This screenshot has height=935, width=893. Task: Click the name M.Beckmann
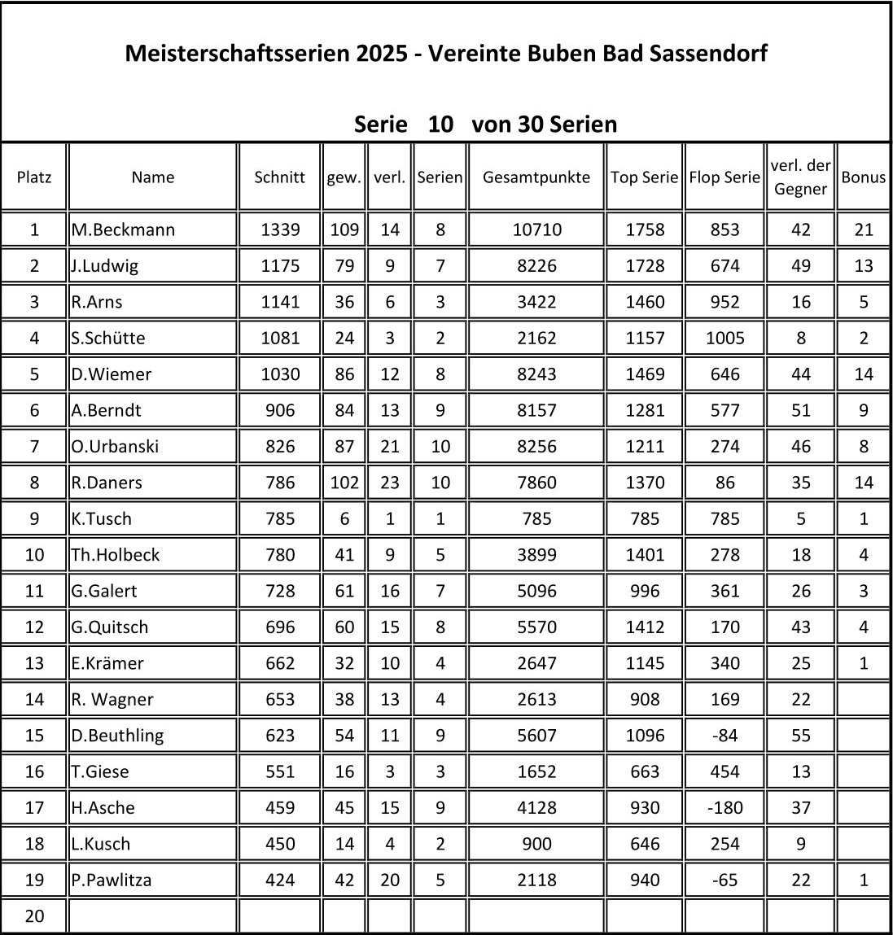123,229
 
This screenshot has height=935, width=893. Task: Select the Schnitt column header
279,177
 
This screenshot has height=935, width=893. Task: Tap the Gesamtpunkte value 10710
536,229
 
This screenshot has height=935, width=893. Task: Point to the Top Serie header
644,177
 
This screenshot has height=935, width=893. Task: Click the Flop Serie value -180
724,807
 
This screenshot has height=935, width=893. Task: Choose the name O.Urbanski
115,446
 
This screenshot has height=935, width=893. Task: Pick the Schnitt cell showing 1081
279,338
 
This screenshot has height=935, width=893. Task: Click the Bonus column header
863,177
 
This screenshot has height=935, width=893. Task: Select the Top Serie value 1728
644,265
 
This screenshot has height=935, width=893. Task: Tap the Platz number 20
34,916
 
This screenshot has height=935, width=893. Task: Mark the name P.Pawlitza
112,880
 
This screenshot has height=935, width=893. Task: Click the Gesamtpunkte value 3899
536,554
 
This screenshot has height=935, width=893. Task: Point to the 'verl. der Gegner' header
800,177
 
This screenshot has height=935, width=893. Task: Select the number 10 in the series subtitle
440,125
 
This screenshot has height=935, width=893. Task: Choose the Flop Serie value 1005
724,338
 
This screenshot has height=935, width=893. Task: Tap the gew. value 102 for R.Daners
344,482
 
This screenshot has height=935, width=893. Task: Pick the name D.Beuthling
117,735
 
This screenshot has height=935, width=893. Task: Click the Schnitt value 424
279,880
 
